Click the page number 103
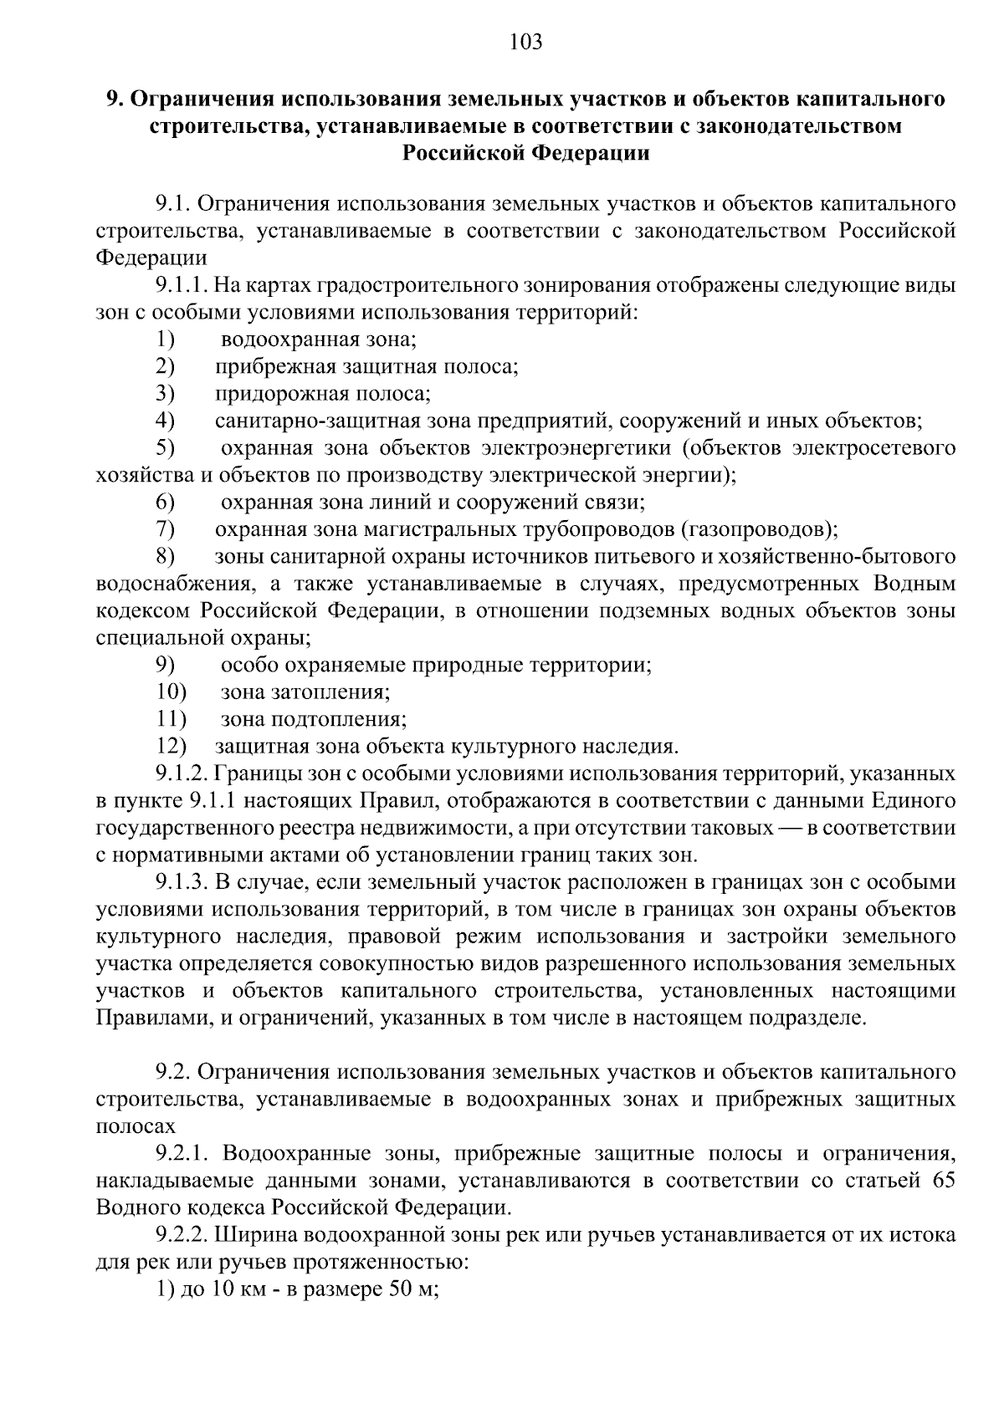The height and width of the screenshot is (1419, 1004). click(x=525, y=41)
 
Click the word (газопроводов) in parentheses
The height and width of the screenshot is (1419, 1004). click(x=758, y=529)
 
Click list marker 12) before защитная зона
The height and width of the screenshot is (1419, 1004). click(x=172, y=746)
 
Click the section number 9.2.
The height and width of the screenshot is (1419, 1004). click(x=173, y=1071)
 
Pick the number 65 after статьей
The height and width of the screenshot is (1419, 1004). click(x=943, y=1180)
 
